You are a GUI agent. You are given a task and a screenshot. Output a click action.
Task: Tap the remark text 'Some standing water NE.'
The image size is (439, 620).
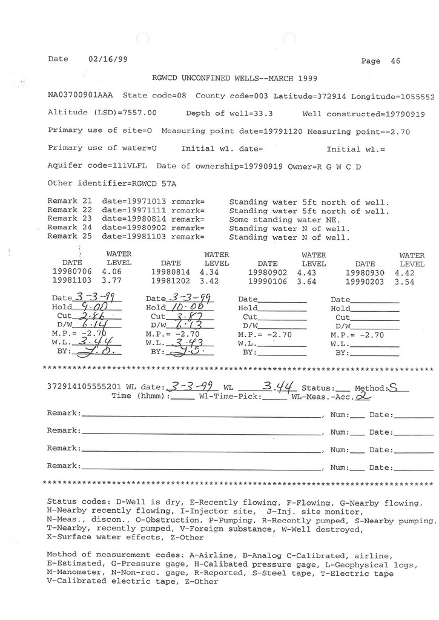click(280, 220)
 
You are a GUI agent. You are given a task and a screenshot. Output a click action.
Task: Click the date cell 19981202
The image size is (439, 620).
click(171, 282)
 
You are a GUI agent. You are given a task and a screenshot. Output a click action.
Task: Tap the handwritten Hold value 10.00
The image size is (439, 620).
click(184, 308)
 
